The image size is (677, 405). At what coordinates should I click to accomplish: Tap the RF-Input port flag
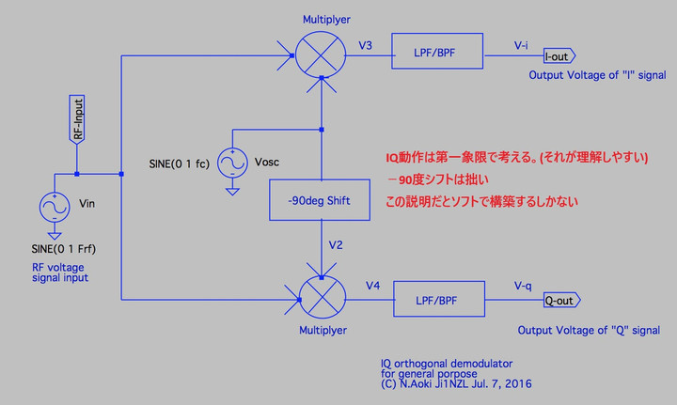point(78,119)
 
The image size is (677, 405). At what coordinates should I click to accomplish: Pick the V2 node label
point(336,245)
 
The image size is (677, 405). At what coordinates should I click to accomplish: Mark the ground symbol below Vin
point(55,233)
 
